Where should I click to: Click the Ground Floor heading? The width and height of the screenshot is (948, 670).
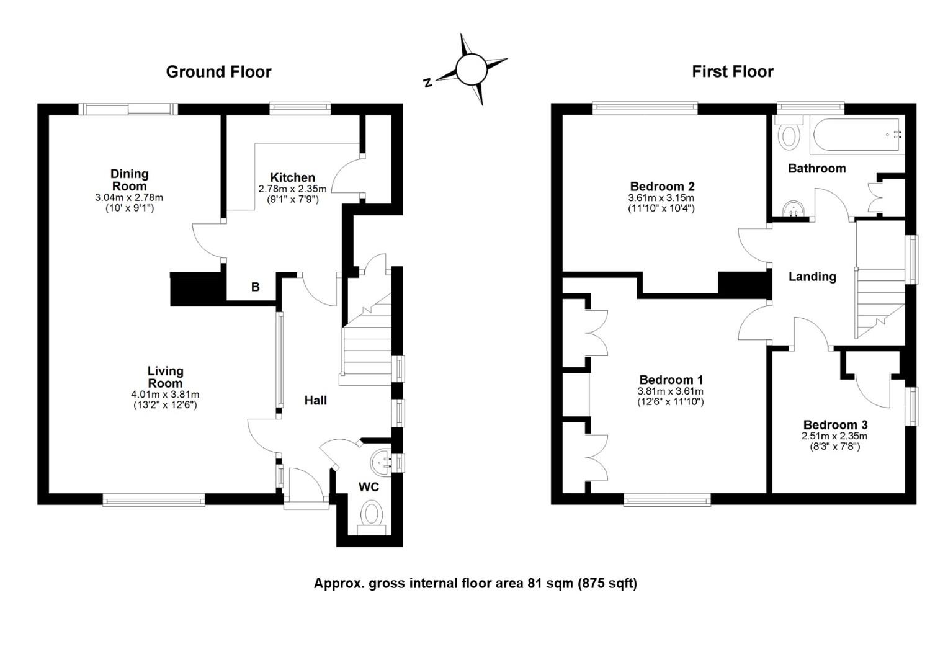click(218, 72)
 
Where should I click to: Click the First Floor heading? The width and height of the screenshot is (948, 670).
click(733, 71)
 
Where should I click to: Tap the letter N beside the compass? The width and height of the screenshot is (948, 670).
click(428, 82)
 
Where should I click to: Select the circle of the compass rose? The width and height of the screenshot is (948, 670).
click(472, 69)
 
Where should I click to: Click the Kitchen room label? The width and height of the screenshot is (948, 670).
click(292, 177)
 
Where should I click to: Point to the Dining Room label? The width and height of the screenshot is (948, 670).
click(130, 180)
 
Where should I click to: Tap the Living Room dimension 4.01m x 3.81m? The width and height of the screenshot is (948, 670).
click(165, 395)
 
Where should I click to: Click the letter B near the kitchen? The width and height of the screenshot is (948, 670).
click(255, 287)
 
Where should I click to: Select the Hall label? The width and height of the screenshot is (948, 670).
click(316, 400)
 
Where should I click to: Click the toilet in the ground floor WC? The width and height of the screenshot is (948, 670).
click(372, 517)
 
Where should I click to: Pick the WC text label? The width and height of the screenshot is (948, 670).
click(369, 487)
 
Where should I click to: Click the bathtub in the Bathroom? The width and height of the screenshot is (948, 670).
click(857, 135)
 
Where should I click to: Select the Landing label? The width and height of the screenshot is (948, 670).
click(812, 277)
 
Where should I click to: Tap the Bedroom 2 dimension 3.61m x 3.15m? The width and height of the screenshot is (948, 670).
click(661, 198)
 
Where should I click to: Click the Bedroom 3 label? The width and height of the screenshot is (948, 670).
click(836, 424)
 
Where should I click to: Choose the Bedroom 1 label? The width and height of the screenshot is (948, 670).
click(671, 380)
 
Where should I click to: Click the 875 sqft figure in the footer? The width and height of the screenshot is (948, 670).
click(607, 583)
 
